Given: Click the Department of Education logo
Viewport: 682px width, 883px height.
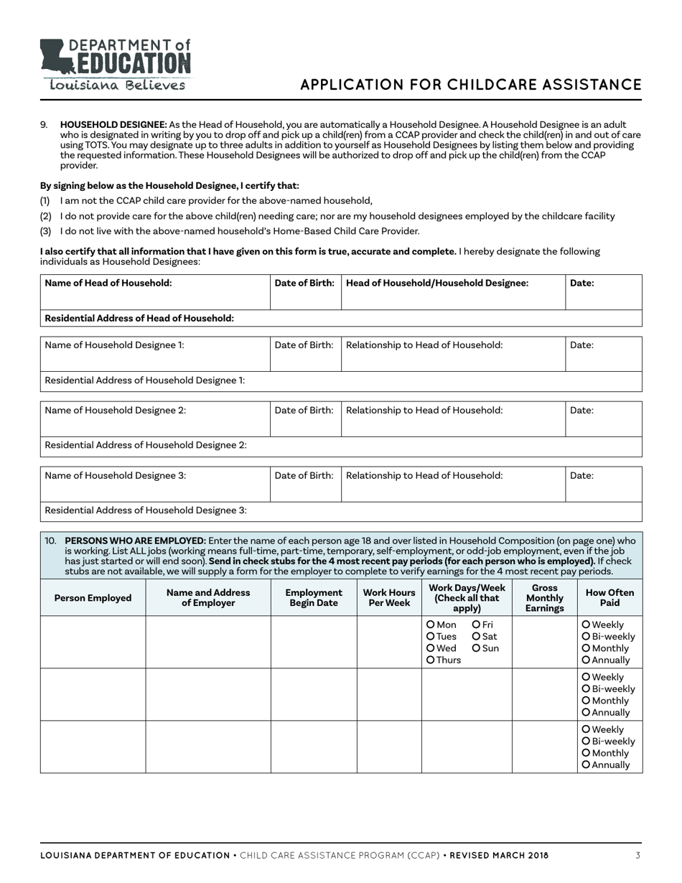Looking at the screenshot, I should [x=115, y=57].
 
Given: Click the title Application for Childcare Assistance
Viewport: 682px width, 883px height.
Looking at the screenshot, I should [x=470, y=85].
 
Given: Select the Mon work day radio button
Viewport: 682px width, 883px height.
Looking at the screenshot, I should [x=431, y=625].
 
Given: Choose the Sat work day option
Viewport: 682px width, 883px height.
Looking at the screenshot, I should [x=477, y=636].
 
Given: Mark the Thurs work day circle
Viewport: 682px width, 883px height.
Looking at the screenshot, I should [x=431, y=660].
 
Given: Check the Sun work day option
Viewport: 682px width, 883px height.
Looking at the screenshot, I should [x=477, y=648].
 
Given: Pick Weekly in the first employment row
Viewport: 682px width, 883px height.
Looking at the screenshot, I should [x=587, y=625].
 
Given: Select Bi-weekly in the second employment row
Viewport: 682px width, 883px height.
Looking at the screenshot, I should [x=587, y=689].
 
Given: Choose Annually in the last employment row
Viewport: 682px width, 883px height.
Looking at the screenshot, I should [x=587, y=765].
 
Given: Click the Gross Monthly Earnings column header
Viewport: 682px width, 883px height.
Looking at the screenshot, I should [x=544, y=598].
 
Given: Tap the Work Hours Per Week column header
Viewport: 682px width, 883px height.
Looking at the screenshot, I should [x=389, y=598].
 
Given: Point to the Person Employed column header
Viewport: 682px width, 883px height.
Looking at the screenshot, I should [x=93, y=598].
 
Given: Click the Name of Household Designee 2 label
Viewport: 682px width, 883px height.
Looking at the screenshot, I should [x=116, y=411].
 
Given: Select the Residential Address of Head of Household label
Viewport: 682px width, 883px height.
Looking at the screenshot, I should [x=139, y=318].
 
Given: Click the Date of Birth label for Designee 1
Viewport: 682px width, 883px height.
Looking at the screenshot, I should [x=304, y=345].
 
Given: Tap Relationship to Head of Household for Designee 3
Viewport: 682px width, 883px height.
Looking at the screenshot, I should [x=424, y=475].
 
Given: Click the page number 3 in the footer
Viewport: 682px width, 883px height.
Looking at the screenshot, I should [x=637, y=855].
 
